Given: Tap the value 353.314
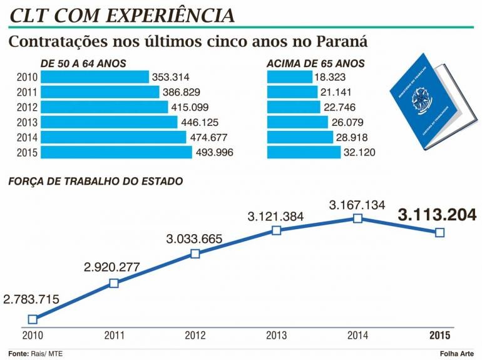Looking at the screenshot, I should (173, 77).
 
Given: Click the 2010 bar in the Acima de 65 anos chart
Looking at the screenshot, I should (289, 77).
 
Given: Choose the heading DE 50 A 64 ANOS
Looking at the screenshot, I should (83, 63).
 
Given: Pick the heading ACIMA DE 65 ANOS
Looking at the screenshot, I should (315, 63).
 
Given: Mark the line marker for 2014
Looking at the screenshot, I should (357, 218).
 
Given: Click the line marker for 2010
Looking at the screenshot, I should (33, 319).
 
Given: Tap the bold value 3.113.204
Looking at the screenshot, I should (437, 215).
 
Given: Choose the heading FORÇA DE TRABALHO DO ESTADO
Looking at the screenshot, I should (95, 182).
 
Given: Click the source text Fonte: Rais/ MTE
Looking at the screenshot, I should (36, 354).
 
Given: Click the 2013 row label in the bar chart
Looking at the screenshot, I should (28, 122).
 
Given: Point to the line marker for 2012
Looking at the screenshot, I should (195, 254).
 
